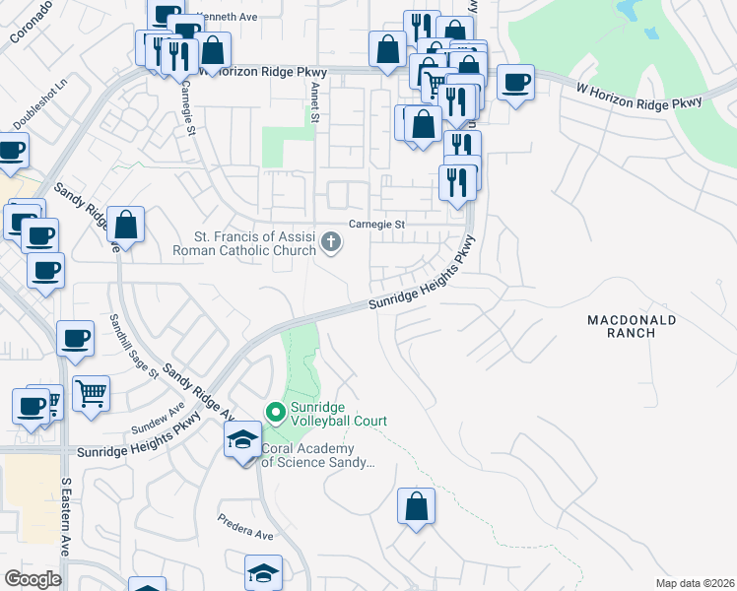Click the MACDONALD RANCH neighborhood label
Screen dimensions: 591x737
632,326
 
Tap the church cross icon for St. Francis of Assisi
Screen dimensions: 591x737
332,240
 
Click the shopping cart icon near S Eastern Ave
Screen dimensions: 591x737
91,393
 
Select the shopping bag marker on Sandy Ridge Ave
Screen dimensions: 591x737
126,225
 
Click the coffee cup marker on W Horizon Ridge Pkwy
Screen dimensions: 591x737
515,83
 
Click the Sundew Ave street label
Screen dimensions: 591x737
158,421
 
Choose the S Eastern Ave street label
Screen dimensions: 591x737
67,517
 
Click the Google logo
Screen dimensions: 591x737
33,578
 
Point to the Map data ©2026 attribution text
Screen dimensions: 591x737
696,583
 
